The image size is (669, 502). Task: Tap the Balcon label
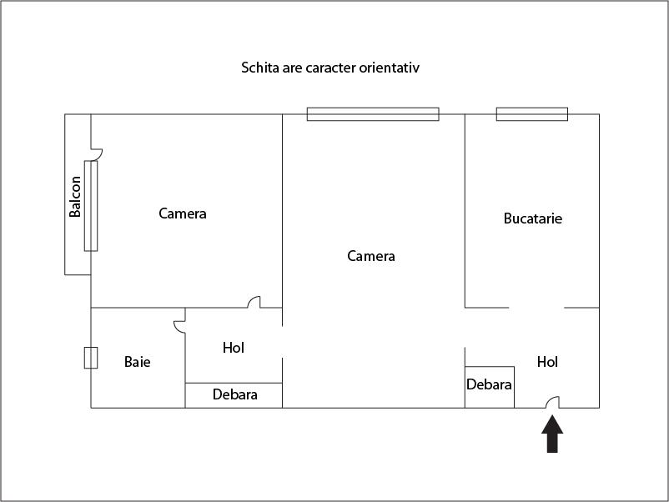click(76, 197)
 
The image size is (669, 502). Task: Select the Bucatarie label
click(533, 218)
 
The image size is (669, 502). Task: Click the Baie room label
click(138, 362)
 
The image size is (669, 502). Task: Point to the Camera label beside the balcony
click(183, 213)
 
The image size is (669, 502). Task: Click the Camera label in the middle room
click(371, 256)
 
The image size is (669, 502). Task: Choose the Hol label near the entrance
click(547, 362)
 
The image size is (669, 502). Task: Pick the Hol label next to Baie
click(234, 348)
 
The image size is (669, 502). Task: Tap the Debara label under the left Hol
click(234, 394)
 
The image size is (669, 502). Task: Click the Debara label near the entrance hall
click(489, 385)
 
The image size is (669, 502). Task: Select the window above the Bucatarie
click(532, 114)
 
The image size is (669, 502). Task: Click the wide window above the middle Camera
click(372, 114)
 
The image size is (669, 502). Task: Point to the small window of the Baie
click(91, 358)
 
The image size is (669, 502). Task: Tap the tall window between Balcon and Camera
click(91, 206)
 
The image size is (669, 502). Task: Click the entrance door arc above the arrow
click(552, 402)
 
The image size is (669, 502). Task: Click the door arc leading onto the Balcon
click(97, 154)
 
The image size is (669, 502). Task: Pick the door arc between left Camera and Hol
click(254, 303)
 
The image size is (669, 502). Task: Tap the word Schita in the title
click(259, 67)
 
